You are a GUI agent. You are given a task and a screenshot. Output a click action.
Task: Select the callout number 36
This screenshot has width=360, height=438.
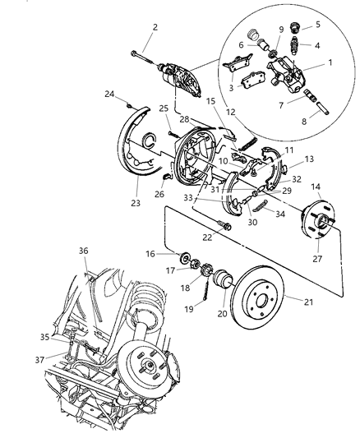coord(83,251)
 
